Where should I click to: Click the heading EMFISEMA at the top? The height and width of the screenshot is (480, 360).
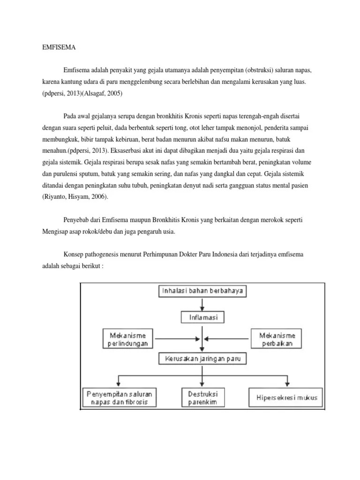(x=56, y=47)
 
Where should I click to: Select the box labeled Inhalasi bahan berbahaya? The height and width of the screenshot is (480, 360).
(x=202, y=291)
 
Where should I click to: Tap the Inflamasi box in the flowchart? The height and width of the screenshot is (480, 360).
(x=202, y=317)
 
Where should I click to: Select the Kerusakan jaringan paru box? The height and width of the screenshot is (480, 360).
(x=202, y=359)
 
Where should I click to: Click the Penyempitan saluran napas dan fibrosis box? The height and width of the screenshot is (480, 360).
(x=120, y=397)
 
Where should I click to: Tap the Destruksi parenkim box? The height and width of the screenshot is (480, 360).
(x=202, y=397)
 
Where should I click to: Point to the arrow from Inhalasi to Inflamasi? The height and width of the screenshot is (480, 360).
(x=202, y=305)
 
